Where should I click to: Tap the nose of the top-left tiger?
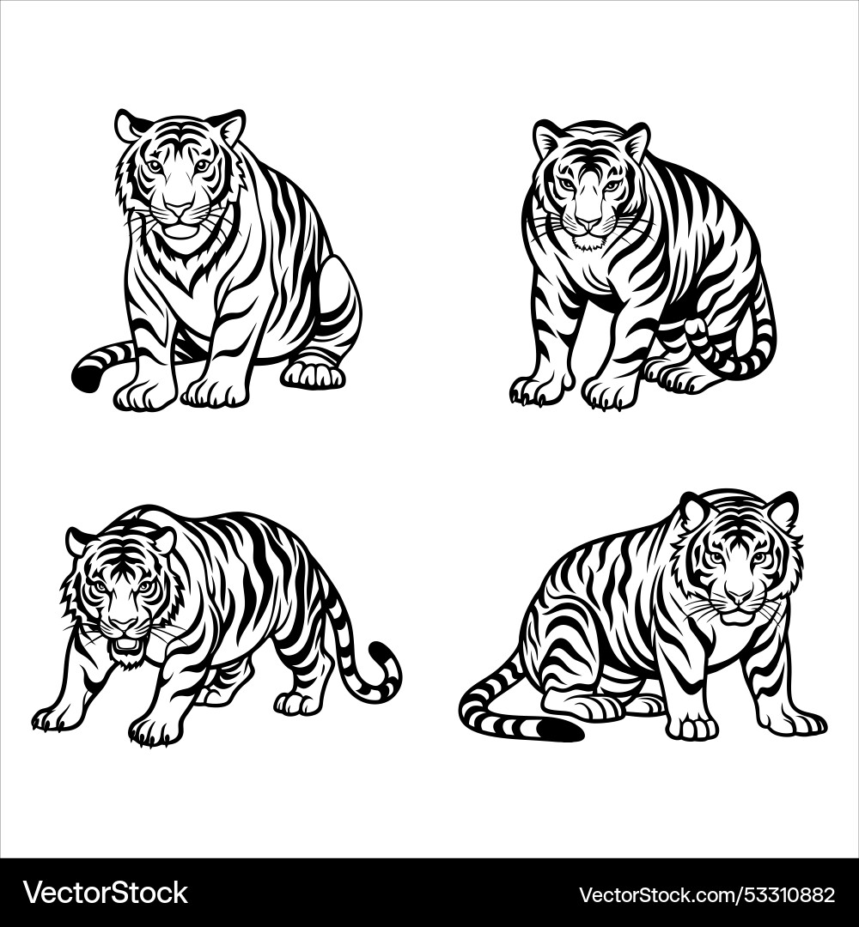180,209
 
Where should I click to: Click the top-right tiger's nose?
588,222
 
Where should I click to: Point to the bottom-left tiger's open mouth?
126,644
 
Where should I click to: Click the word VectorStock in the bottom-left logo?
106,893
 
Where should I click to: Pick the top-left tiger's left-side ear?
129,125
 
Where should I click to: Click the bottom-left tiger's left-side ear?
80,541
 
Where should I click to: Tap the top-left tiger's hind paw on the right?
314,374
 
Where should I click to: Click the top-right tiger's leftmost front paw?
531,391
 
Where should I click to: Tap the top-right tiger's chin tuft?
588,245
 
